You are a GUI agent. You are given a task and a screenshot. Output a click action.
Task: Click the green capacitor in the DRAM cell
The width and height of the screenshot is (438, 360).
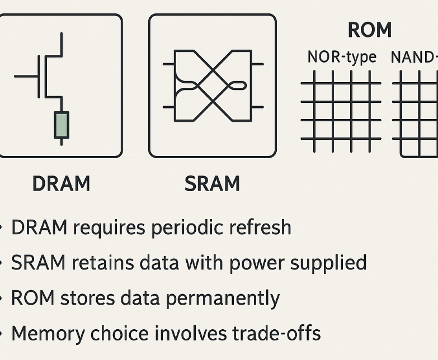(x=61, y=125)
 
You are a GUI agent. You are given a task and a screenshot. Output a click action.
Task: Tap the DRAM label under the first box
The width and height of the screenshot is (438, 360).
(x=61, y=183)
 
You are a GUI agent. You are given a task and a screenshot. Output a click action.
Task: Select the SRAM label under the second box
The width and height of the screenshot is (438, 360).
(x=212, y=183)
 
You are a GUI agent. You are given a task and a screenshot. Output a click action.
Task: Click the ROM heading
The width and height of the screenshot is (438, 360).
(x=369, y=30)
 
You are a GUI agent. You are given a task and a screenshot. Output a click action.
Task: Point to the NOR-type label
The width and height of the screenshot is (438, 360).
(x=342, y=57)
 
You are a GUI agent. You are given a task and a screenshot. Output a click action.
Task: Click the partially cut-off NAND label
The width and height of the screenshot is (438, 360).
(x=414, y=57)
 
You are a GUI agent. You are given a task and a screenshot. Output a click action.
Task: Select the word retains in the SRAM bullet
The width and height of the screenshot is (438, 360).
(x=96, y=263)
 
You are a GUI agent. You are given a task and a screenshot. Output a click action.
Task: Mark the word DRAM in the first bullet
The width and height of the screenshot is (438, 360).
(x=40, y=228)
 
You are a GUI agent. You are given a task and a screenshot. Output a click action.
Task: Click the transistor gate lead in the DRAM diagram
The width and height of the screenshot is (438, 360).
(x=26, y=75)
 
